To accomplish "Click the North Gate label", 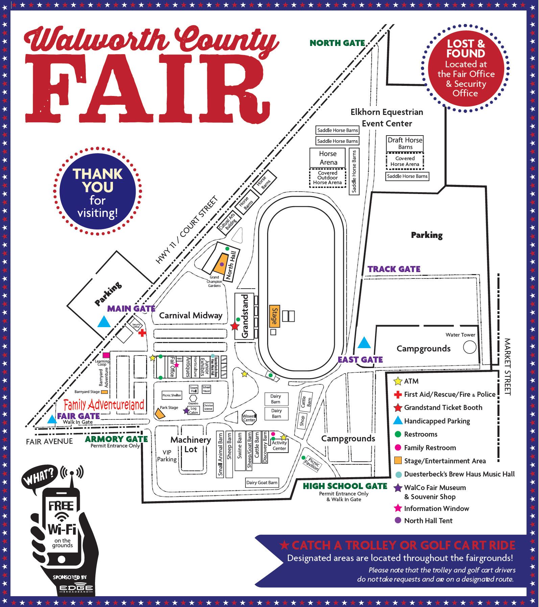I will point(337,43).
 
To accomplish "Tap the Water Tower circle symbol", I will point(469,347).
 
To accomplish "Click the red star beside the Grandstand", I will point(235,326).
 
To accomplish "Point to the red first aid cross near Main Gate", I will point(142,333).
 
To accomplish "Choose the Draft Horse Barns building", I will point(405,143).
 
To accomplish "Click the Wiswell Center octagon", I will point(249,418).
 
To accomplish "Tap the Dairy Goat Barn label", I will point(262,482).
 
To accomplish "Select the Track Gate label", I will point(394,269).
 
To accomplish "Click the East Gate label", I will point(360,360).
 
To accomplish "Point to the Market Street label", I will point(508,366).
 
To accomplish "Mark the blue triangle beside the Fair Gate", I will point(52,419).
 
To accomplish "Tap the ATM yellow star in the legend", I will point(398,381).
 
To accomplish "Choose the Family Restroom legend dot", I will point(398,448).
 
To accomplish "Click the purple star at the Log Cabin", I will point(186,411).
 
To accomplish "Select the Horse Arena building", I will point(328,158).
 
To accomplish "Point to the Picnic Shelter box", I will point(172,395).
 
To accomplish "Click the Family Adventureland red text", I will point(104,405).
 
